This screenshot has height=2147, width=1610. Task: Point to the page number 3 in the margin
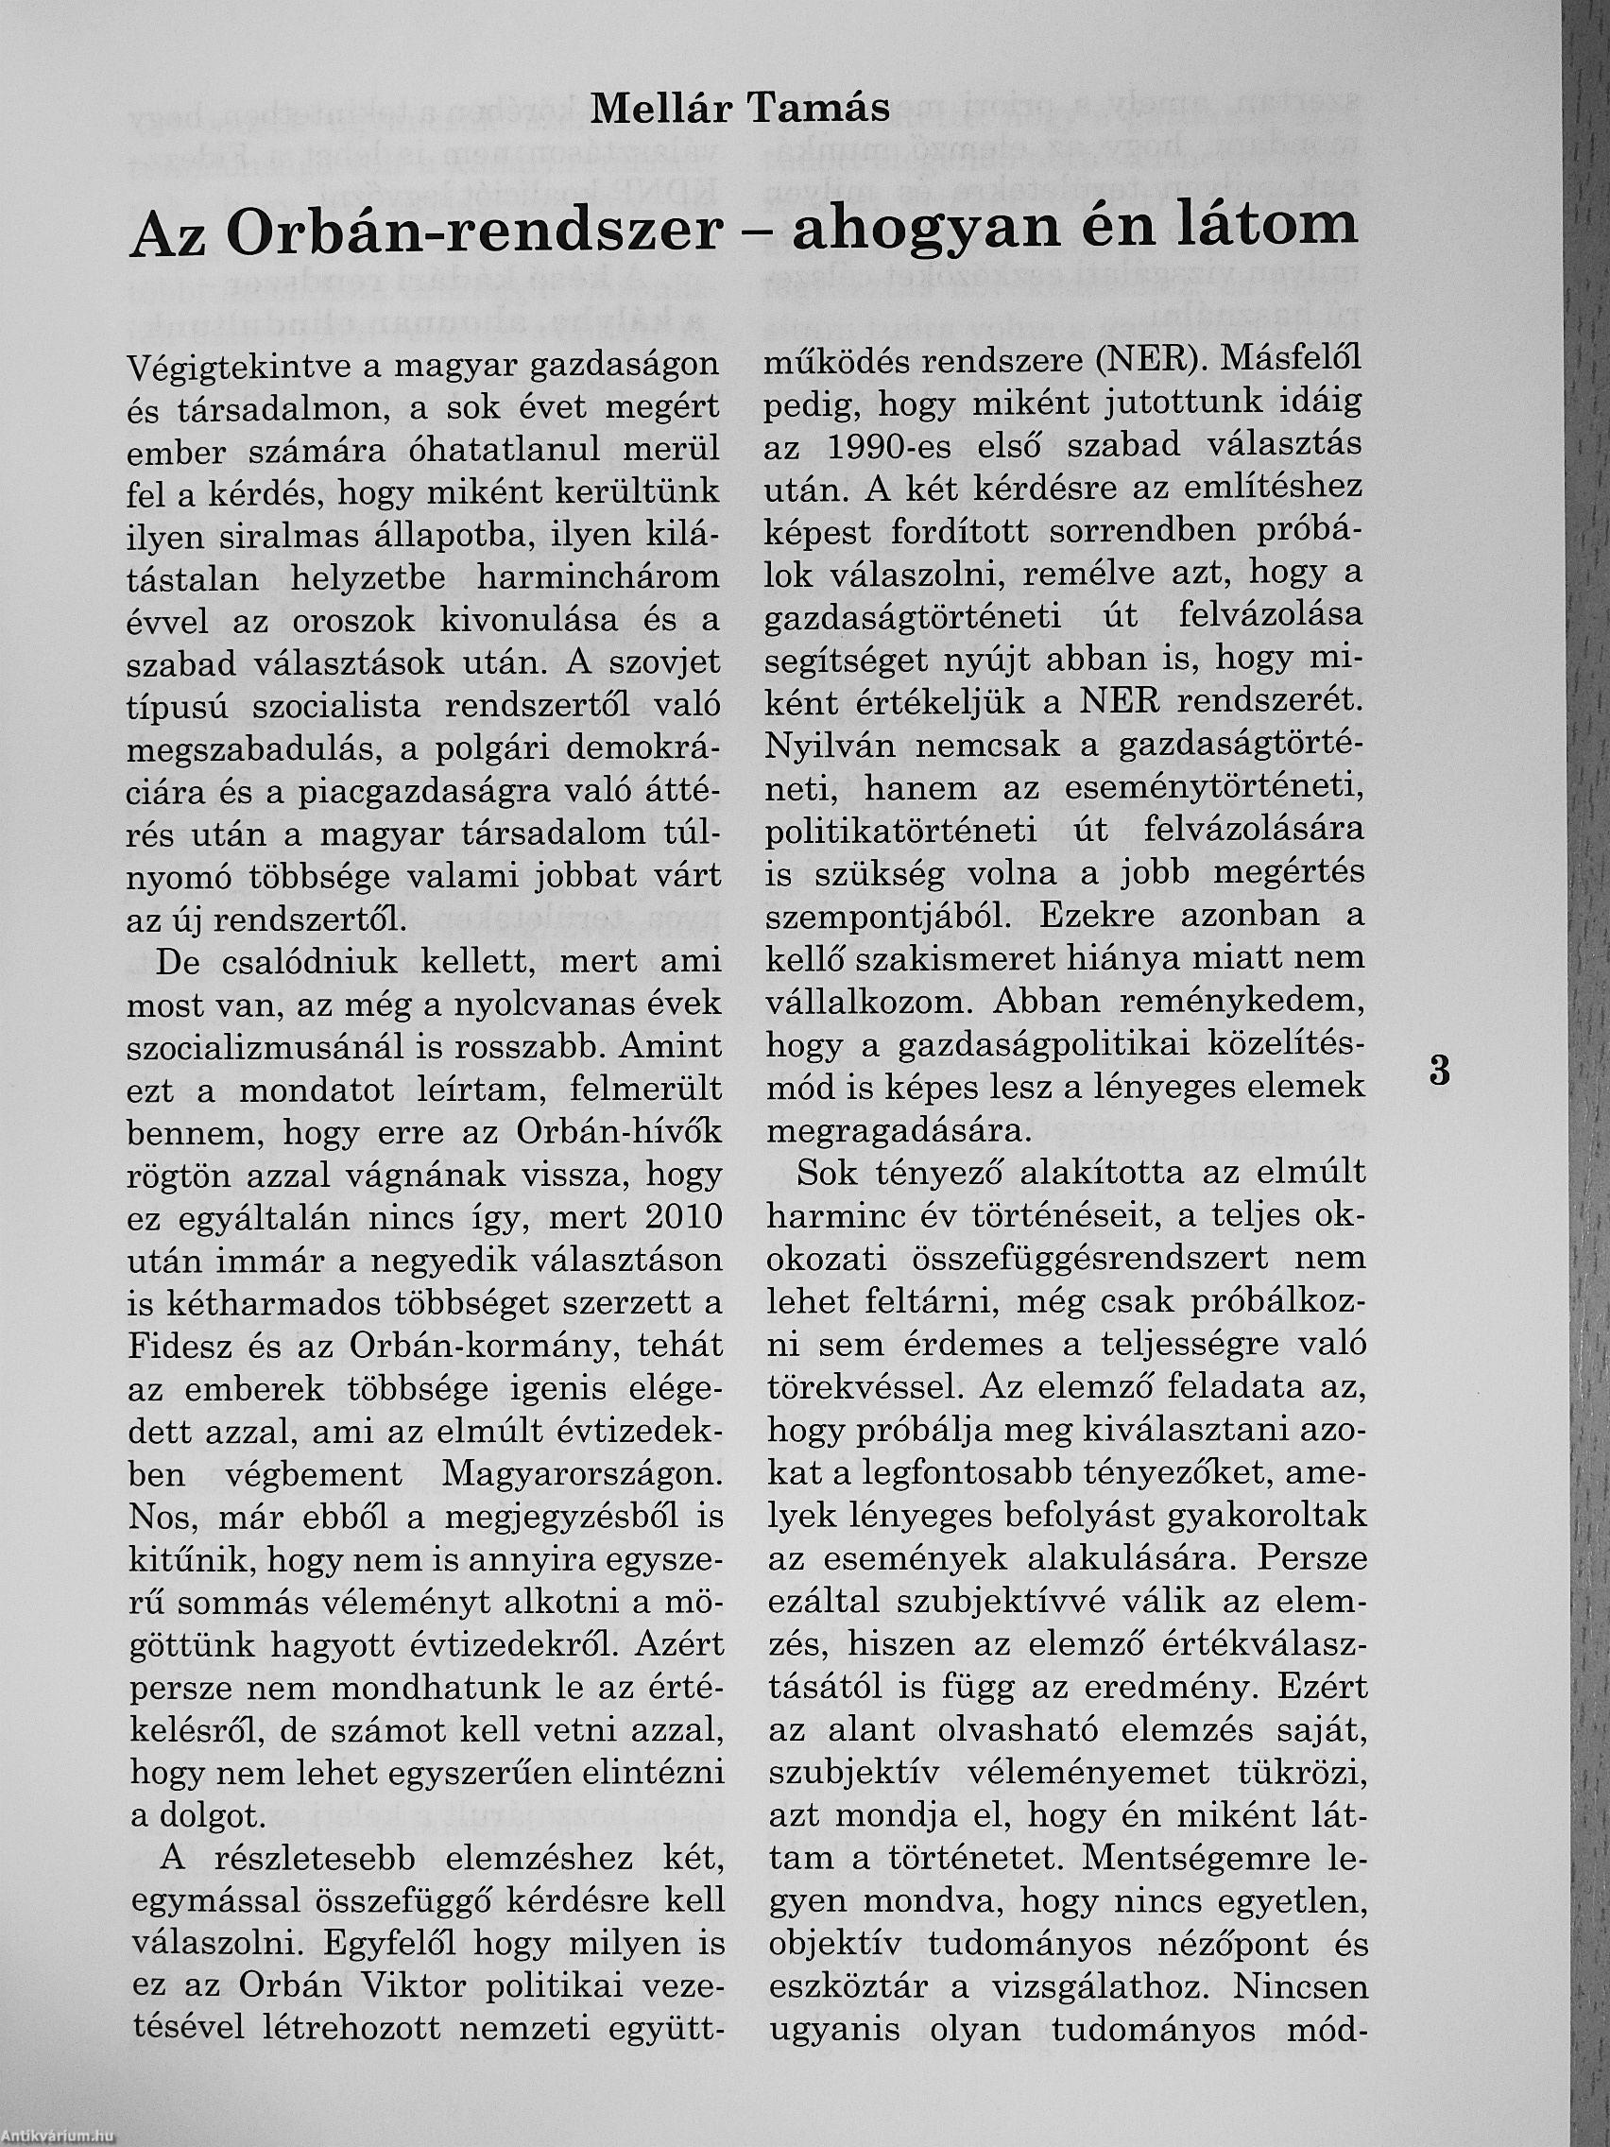(x=1440, y=1072)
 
